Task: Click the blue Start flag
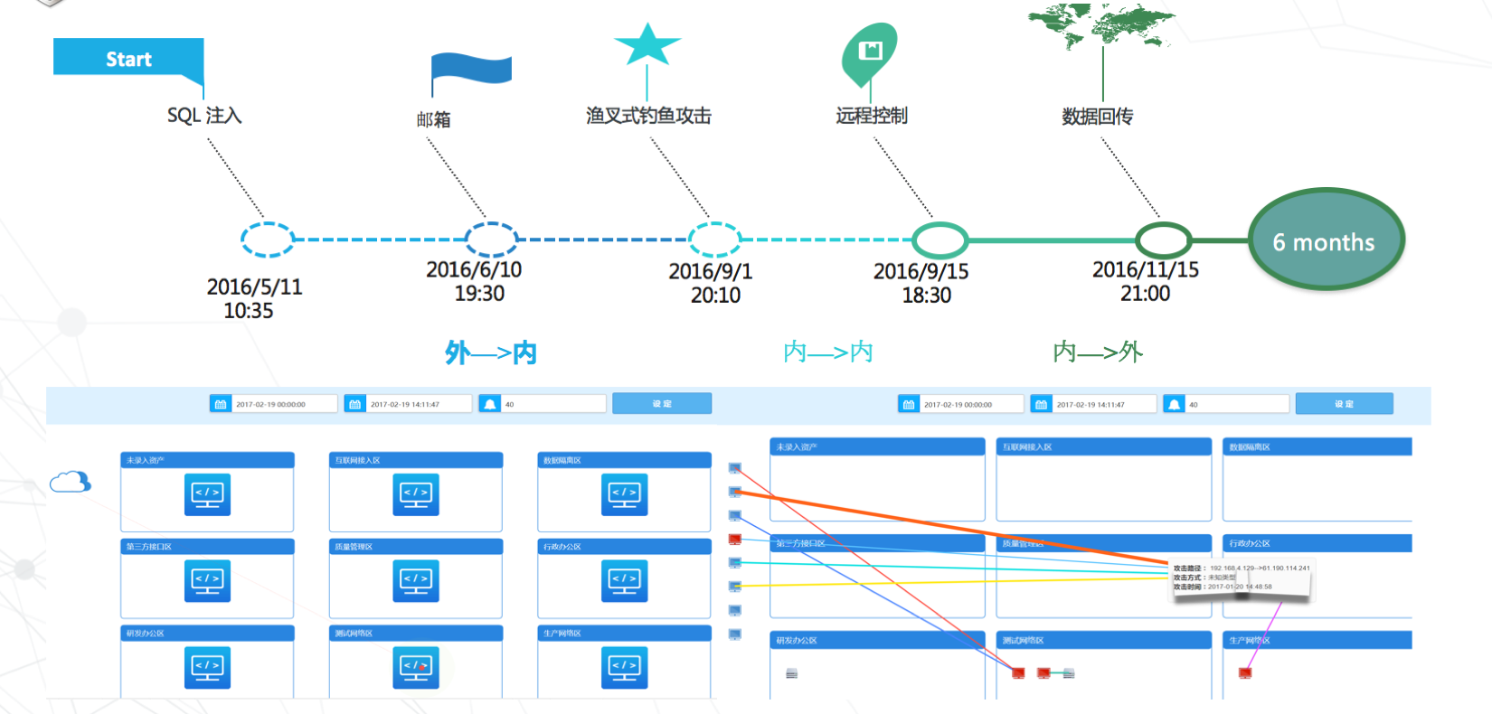click(x=128, y=58)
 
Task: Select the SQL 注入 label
click(x=204, y=116)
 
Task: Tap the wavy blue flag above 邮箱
click(x=471, y=70)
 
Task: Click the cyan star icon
click(x=647, y=45)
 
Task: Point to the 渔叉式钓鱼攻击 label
click(x=648, y=116)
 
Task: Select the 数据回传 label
click(x=1097, y=117)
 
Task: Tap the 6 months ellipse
click(x=1325, y=240)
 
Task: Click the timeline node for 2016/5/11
click(x=267, y=240)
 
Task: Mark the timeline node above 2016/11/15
click(x=1163, y=240)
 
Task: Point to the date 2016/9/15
click(x=921, y=271)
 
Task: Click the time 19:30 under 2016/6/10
click(x=479, y=294)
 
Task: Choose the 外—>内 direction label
click(x=491, y=352)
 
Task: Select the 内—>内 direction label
click(x=827, y=352)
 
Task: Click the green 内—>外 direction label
click(x=1098, y=352)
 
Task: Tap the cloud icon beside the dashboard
click(x=71, y=482)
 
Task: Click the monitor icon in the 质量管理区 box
click(x=416, y=581)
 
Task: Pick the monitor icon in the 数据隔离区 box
click(x=624, y=494)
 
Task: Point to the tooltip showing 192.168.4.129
click(x=1241, y=578)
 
